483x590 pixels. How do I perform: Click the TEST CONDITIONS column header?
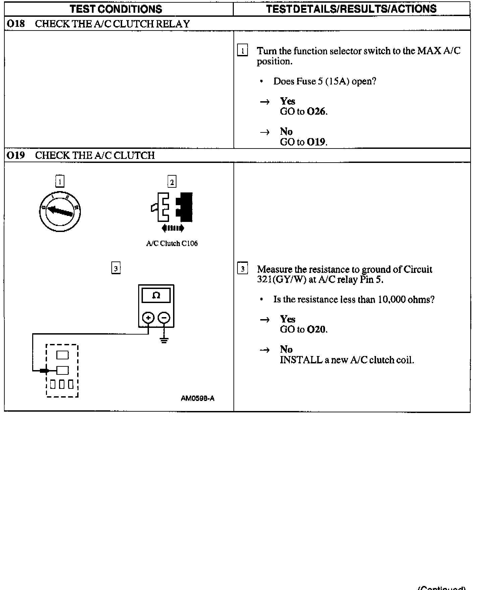coord(116,9)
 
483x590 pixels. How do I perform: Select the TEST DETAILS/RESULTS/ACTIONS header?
coord(351,9)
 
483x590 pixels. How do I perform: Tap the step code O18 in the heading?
coord(16,24)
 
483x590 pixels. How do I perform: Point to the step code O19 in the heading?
coord(16,156)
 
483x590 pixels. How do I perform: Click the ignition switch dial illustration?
coord(60,211)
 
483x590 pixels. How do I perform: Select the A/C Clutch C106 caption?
coord(172,244)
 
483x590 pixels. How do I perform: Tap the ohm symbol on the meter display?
coord(156,295)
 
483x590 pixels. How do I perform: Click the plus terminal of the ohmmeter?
coord(148,317)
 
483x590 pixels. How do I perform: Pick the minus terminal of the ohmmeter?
coord(164,317)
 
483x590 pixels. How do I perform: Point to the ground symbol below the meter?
coord(164,341)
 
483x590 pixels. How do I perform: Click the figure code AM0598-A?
coord(198,399)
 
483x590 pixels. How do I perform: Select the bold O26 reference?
coord(316,112)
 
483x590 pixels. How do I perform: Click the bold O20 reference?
coord(316,330)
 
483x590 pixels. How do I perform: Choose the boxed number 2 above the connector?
coord(172,182)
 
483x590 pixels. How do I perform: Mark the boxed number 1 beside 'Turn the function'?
coord(242,51)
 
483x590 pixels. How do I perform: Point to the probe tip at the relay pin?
coord(45,370)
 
